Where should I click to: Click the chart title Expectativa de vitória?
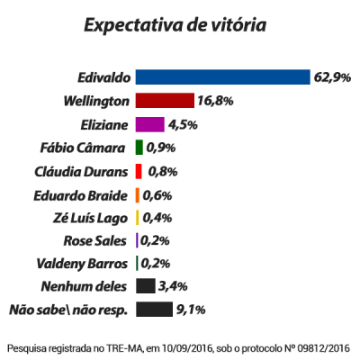[x=175, y=24]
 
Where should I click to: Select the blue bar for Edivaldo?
[x=222, y=77]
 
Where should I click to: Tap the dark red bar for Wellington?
[x=157, y=101]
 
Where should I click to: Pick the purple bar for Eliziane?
[x=149, y=124]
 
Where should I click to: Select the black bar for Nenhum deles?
[x=144, y=287]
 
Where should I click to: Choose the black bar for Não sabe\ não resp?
[x=154, y=310]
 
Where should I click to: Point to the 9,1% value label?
[x=192, y=310]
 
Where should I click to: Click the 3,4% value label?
[x=171, y=287]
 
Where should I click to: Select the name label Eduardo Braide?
[x=85, y=194]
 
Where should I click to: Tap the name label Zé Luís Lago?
[x=93, y=218]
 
